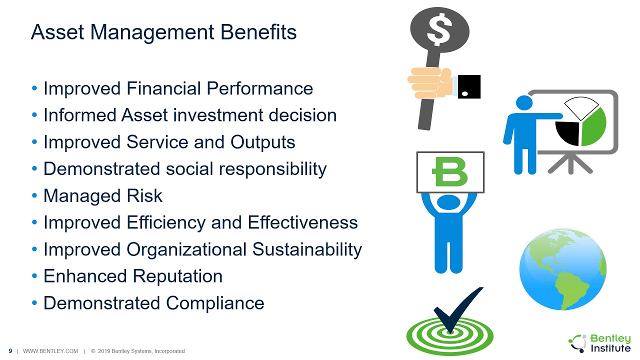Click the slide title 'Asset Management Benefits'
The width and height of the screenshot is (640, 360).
pos(163,32)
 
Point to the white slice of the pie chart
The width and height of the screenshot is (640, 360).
pos(581,108)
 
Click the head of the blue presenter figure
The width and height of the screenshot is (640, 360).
pos(524,103)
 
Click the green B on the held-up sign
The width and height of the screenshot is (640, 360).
pos(450,172)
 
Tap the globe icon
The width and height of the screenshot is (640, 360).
pos(562,269)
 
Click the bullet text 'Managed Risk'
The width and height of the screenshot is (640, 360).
pos(103,195)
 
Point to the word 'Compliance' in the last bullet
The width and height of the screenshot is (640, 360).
pos(215,303)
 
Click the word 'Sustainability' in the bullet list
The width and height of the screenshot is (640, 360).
pos(307,249)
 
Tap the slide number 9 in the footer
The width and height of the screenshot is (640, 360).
pos(10,351)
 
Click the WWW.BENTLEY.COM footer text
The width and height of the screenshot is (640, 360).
pos(50,351)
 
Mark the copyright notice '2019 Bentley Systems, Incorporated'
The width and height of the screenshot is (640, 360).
pos(141,351)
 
